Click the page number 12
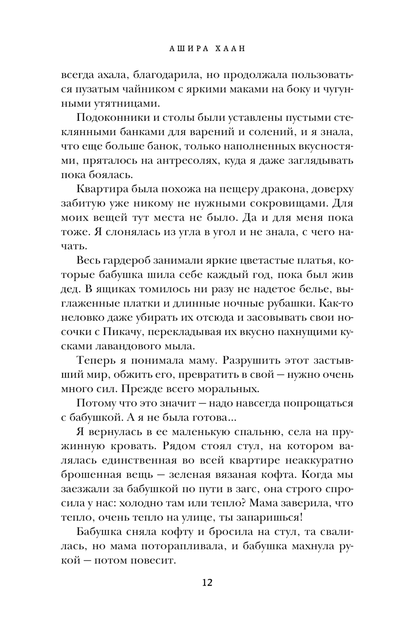[207, 583]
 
